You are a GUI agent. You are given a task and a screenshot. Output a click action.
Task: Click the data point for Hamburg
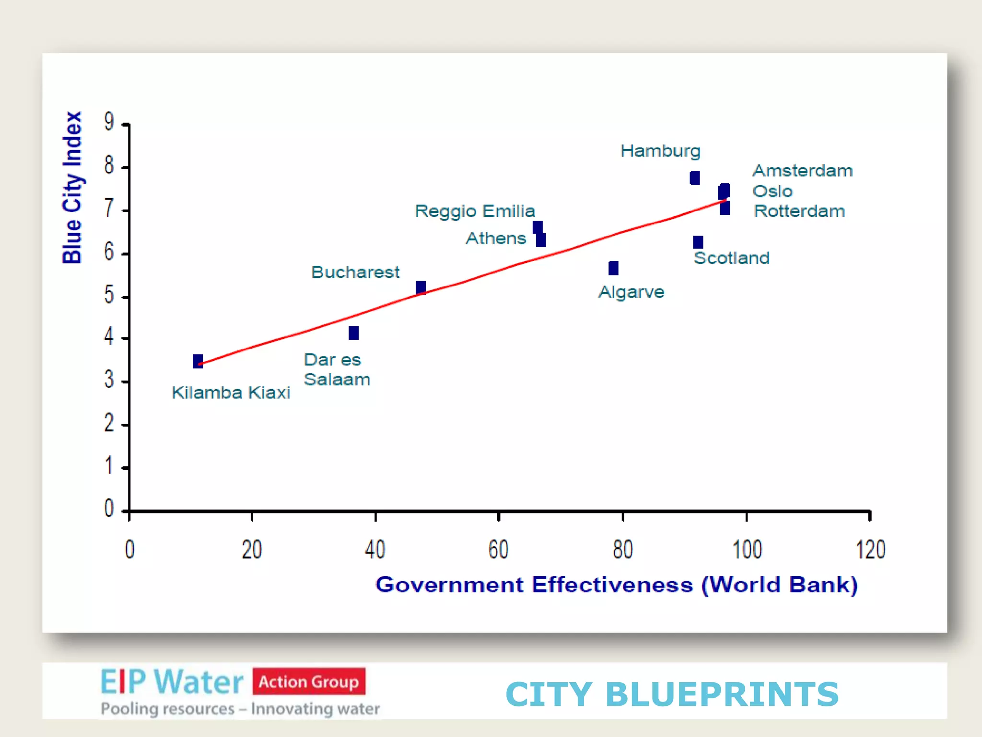694,178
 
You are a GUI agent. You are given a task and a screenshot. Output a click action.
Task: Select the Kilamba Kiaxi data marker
198,361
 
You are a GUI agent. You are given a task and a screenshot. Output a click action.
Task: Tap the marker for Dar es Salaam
353,333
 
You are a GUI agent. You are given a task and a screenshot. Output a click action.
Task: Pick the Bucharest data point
421,287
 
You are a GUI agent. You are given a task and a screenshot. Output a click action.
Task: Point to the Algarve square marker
613,268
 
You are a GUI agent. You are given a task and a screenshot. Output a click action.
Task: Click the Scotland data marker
698,242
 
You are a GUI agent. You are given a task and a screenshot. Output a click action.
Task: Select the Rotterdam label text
799,211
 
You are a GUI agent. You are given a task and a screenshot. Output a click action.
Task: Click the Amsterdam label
802,171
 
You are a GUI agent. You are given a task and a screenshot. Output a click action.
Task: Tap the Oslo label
772,191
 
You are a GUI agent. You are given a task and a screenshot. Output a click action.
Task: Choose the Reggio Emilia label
474,211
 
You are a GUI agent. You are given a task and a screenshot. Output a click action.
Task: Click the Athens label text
496,238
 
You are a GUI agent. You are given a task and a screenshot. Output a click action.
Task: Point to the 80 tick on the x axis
622,549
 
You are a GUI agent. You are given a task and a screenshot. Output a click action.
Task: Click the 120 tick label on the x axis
870,549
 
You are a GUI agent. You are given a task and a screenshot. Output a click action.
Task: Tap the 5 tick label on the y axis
109,295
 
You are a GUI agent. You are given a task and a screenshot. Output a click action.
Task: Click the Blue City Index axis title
72,188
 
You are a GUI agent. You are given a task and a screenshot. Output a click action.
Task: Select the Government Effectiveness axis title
616,585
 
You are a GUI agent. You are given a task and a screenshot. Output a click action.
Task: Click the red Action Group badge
309,681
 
